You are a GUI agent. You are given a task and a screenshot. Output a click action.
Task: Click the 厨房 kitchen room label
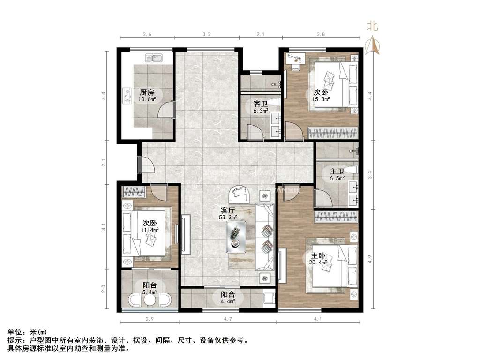147,91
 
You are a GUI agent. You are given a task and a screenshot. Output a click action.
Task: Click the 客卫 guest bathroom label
261,103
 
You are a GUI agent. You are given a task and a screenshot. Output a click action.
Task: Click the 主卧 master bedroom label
318,256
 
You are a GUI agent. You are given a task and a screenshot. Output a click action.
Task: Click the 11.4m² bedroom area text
150,230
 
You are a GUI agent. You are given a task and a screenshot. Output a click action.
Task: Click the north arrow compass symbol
374,45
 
